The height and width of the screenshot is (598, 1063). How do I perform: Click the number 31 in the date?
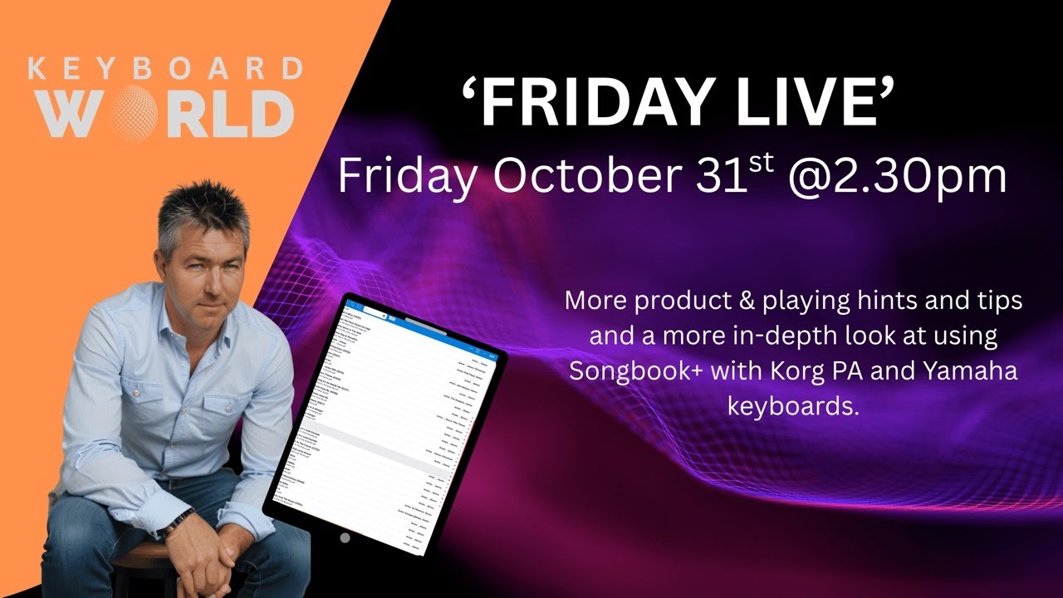click(720, 175)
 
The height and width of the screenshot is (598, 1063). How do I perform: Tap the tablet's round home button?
click(345, 537)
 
